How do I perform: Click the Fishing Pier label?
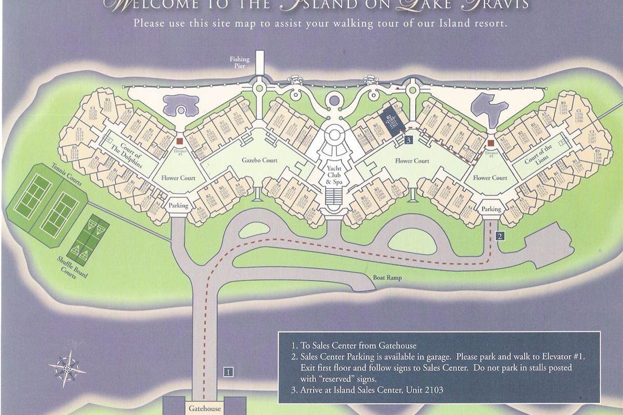pos(239,63)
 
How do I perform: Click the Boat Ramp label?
pos(387,278)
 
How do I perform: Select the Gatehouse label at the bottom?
pos(205,408)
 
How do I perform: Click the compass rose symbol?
pos(67,368)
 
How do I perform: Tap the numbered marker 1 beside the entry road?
pos(228,371)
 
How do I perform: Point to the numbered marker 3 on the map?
pos(409,140)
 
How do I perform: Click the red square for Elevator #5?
pos(179,141)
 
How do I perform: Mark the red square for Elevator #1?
pos(491,142)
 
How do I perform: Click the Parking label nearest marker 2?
pos(491,209)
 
